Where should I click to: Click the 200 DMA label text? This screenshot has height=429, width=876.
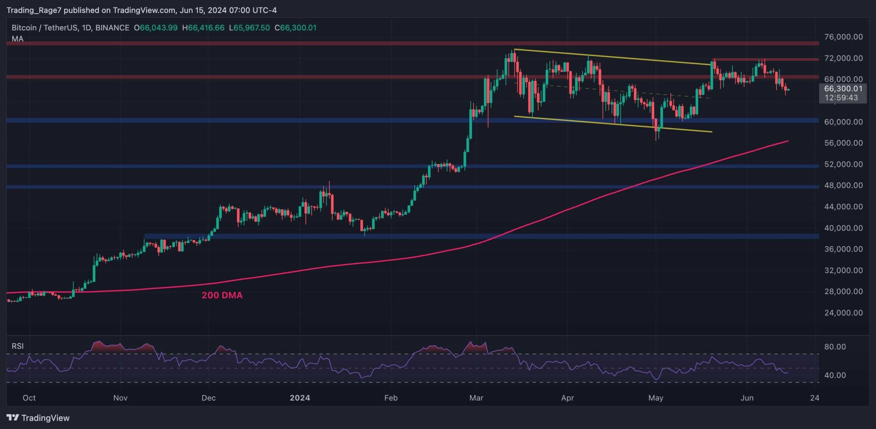point(222,295)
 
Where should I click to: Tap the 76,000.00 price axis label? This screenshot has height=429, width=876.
point(843,37)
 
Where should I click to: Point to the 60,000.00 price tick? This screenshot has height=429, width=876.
point(843,122)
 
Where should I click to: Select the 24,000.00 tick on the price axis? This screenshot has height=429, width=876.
point(843,313)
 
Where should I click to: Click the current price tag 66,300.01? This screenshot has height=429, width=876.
point(843,89)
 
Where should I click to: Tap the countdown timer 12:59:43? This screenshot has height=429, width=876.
point(841,98)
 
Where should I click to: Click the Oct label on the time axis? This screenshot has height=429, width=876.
point(29,398)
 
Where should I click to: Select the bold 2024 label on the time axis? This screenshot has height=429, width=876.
point(300,398)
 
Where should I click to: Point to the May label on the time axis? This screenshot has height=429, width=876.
point(656,398)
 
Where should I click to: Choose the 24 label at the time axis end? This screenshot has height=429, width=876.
point(815,398)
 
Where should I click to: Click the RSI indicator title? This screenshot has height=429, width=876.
point(18,346)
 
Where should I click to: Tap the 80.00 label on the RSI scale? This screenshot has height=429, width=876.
point(835,347)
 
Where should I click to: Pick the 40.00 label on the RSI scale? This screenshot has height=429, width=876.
point(835,375)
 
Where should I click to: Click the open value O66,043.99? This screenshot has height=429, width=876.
point(156,28)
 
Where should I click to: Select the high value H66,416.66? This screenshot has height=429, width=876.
point(203,28)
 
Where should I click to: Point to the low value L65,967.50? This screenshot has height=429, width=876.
point(249,28)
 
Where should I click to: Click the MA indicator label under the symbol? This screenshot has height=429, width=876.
point(17,39)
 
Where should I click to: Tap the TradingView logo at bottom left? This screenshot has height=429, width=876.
point(38,418)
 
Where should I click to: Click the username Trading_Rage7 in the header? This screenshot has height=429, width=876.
point(34,10)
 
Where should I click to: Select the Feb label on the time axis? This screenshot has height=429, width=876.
point(391,398)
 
